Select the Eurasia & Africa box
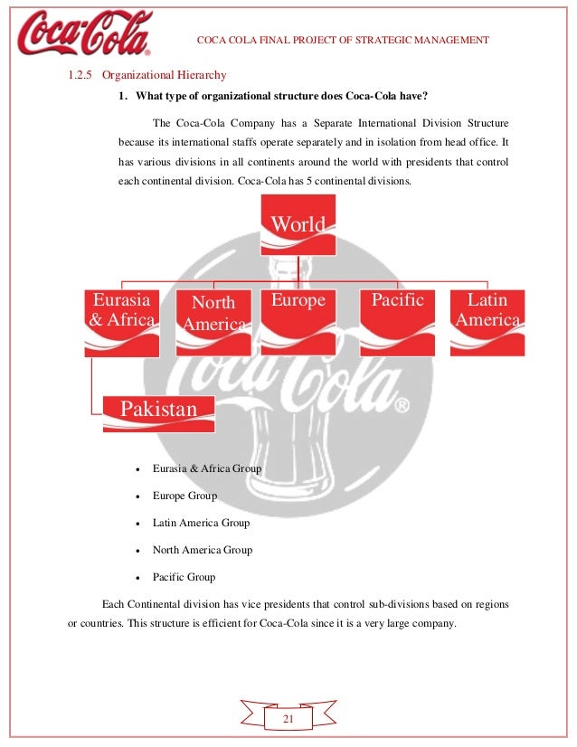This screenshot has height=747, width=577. point(120,320)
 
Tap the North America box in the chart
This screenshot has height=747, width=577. point(214,322)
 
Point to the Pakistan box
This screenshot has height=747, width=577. point(158,412)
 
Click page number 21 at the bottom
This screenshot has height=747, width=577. point(288,718)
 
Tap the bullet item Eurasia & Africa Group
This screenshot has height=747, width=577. point(206,469)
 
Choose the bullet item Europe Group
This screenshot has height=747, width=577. point(184,496)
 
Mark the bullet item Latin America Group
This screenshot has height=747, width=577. point(201,523)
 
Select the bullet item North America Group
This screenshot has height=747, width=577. point(203,550)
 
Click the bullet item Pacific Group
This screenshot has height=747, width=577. point(184,576)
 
